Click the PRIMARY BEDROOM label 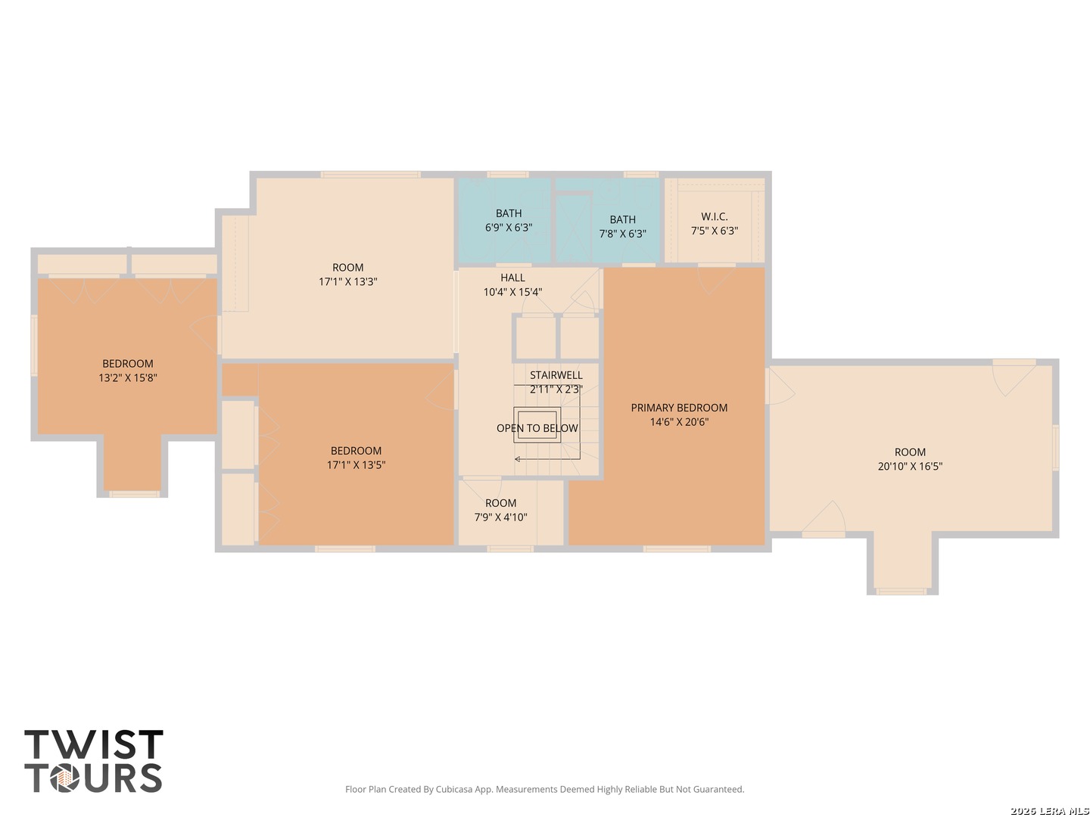click(679, 408)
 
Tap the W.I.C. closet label click(714, 216)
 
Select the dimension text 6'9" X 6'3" click(509, 227)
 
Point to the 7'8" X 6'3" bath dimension click(622, 233)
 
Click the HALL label click(512, 278)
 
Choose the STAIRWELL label click(556, 375)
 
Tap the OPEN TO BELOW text click(537, 428)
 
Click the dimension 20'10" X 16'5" click(910, 466)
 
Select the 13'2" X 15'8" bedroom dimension click(128, 377)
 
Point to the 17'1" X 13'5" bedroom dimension click(356, 464)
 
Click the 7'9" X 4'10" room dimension click(500, 517)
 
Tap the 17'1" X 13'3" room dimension click(347, 281)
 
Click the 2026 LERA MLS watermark click(1049, 810)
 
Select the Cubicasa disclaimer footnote click(545, 789)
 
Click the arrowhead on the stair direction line click(518, 459)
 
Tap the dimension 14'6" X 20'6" click(679, 421)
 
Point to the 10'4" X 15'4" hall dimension click(512, 292)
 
